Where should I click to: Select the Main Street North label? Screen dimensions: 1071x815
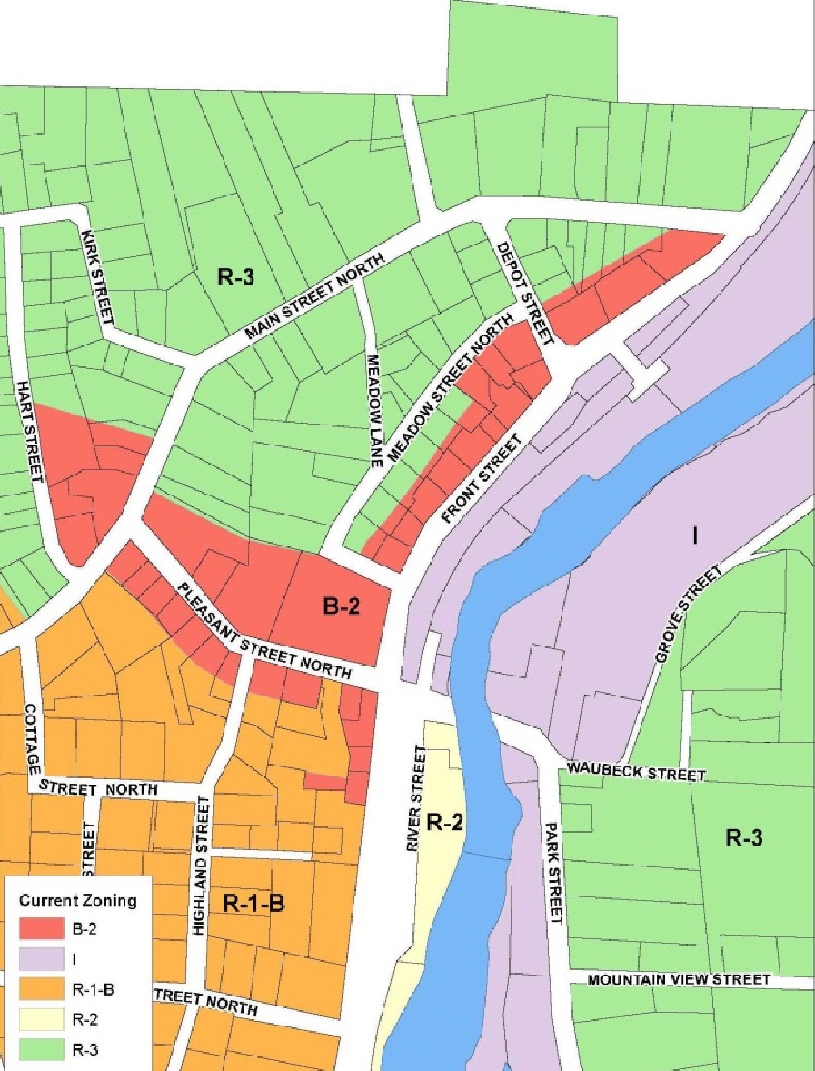click(x=316, y=297)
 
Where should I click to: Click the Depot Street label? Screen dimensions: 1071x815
click(x=524, y=293)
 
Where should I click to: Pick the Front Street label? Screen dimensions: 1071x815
click(x=482, y=478)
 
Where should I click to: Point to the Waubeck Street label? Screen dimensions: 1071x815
click(x=636, y=773)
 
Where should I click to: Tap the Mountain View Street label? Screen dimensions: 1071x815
click(x=679, y=979)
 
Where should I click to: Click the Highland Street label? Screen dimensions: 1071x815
click(x=202, y=866)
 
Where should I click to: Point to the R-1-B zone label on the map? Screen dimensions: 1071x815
click(x=253, y=904)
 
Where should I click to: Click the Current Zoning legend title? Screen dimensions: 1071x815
click(x=78, y=901)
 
